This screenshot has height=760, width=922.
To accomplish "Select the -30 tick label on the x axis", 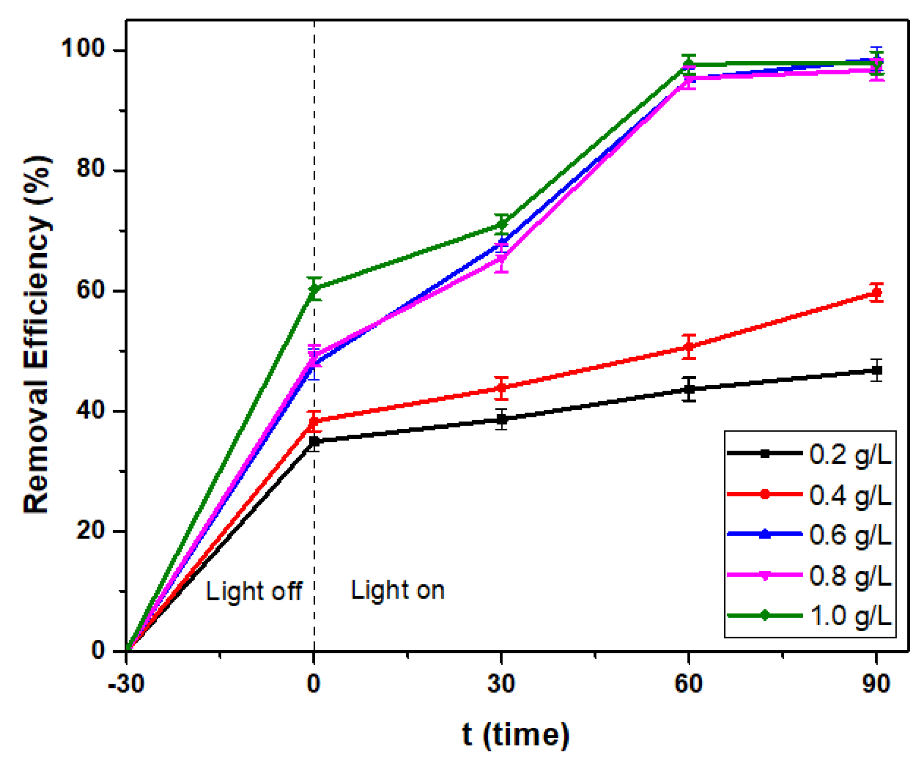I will pyautogui.click(x=126, y=683).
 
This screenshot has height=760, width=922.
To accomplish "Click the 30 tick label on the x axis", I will pyautogui.click(x=501, y=683).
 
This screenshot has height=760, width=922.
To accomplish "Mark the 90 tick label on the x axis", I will pyautogui.click(x=876, y=683).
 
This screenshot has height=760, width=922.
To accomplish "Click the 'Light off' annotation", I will pyautogui.click(x=254, y=592).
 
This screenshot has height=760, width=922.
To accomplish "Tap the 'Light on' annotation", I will pyautogui.click(x=398, y=590).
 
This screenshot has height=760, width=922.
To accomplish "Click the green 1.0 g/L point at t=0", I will pyautogui.click(x=314, y=288).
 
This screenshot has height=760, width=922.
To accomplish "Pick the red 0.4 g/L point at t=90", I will pyautogui.click(x=877, y=293).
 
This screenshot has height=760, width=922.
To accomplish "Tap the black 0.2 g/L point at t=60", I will pyautogui.click(x=689, y=389).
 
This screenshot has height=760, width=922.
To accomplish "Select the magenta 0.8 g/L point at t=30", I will pyautogui.click(x=501, y=259).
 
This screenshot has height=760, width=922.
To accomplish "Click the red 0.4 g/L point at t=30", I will pyautogui.click(x=501, y=388).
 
